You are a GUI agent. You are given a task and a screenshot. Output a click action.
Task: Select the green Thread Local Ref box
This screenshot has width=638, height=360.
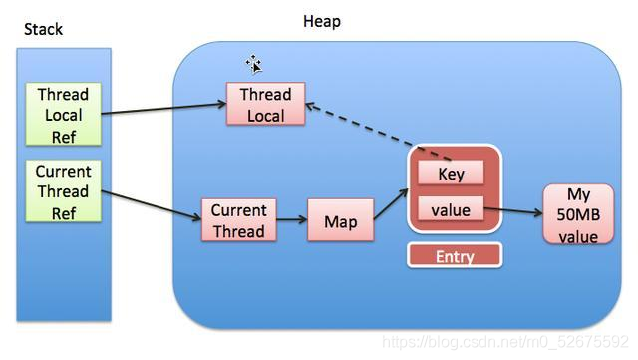tap(63, 115)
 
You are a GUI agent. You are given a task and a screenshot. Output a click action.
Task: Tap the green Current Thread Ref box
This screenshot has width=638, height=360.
tap(63, 191)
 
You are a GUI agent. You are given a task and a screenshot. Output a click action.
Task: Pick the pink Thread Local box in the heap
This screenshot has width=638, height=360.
tap(265, 105)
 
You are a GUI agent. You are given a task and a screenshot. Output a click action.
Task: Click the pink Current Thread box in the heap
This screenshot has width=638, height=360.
tap(238, 220)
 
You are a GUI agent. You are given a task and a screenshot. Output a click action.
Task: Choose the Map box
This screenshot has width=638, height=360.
tap(340, 221)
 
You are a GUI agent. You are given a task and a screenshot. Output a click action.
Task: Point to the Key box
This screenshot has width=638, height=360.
tap(451, 174)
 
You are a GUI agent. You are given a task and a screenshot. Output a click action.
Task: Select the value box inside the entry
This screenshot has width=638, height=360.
tap(451, 209)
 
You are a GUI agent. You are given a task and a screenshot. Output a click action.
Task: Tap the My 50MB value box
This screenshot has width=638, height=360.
tap(578, 213)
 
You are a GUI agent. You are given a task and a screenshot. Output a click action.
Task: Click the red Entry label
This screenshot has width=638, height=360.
tap(454, 256)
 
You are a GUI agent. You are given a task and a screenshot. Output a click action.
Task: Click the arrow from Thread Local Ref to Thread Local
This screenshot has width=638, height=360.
tap(164, 108)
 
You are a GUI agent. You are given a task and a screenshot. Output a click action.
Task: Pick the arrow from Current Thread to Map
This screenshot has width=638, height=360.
tap(290, 221)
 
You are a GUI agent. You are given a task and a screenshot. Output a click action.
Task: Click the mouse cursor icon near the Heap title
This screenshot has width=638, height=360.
tap(254, 65)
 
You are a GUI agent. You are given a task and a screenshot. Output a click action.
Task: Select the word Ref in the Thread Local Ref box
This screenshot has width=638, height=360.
tap(63, 136)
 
